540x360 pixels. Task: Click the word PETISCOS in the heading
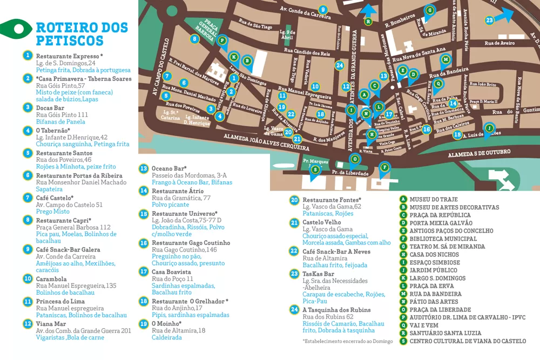pos(69,40)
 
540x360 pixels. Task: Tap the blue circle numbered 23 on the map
pos(489,21)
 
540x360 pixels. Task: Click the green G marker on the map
pos(430,10)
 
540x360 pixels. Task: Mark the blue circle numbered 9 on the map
pos(323,9)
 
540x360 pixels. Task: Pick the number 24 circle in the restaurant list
pos(294,310)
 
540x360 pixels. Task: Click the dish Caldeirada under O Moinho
pos(167,337)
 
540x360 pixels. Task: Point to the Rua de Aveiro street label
pos(500,43)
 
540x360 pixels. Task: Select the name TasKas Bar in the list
pos(318,274)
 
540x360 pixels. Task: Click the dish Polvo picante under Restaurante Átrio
pos(171,205)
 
